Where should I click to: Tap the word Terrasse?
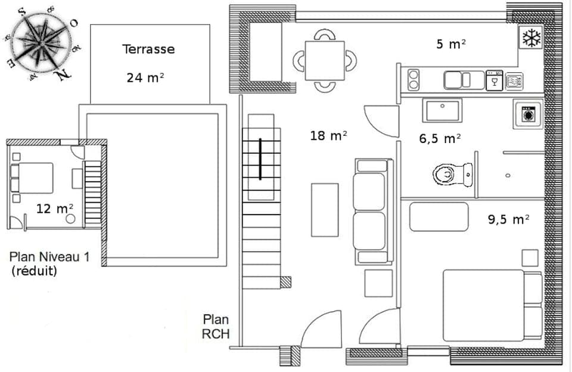click(x=149, y=49)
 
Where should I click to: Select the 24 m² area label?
click(x=144, y=77)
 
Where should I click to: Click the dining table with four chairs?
click(x=325, y=60)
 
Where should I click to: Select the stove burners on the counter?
click(x=413, y=80)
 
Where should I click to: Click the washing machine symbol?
click(x=527, y=114)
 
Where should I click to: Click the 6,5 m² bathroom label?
click(x=440, y=138)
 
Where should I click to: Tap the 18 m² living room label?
click(x=329, y=135)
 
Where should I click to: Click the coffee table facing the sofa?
click(x=325, y=209)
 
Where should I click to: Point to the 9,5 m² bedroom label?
click(x=508, y=219)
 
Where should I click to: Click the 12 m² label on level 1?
click(x=55, y=208)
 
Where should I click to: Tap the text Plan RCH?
click(x=216, y=327)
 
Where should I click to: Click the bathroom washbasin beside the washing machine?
click(x=442, y=111)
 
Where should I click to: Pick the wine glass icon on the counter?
click(x=494, y=80)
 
